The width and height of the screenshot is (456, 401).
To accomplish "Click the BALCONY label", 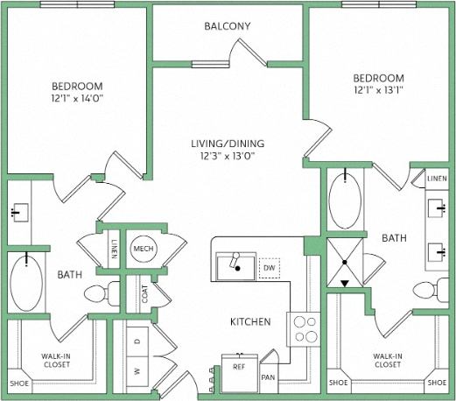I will coord(228,26).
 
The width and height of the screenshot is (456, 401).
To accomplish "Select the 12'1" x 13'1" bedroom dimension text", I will coord(378,89).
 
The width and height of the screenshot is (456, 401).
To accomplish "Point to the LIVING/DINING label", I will coord(228,144).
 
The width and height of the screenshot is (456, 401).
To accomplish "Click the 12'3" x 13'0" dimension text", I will coord(228,157).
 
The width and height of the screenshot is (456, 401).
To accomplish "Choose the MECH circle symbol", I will coord(143,250).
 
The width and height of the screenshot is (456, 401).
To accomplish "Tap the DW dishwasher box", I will coord(270,268).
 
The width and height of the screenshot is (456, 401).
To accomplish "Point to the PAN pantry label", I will coord(269,377).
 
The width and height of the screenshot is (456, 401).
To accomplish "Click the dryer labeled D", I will coord(137,341).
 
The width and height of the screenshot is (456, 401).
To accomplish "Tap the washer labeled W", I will coord(137,370).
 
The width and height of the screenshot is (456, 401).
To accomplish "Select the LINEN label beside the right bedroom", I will coord(437,178).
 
